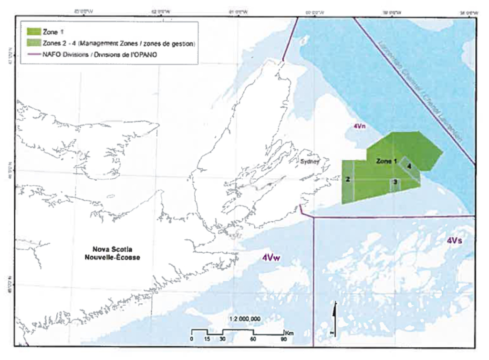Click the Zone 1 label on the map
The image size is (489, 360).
[x=387, y=161]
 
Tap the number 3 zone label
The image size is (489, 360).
[x=395, y=182]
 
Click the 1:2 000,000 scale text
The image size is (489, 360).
[x=245, y=319]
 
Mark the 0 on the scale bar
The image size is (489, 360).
[x=191, y=339]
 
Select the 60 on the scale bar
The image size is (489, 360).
[x=253, y=339]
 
